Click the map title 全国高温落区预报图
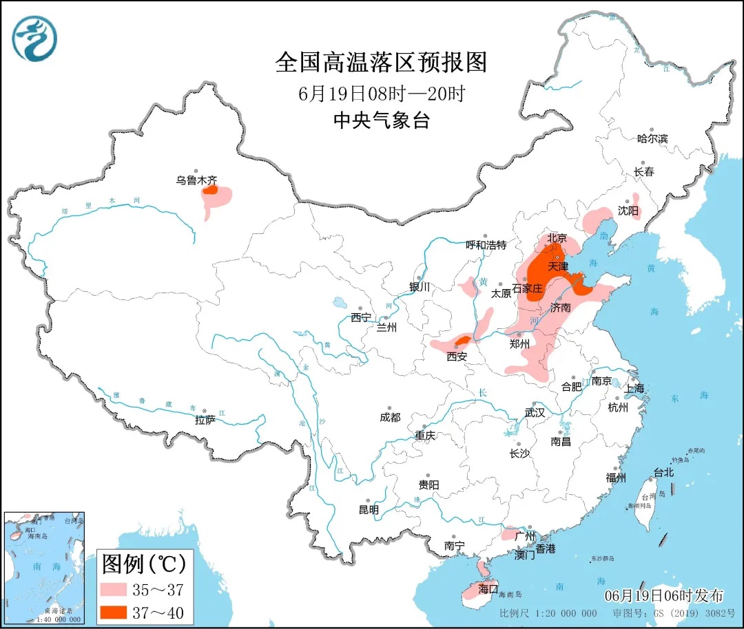tap(381, 63)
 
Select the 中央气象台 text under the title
tap(381, 121)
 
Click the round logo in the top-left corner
tap(34, 39)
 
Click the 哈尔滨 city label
tap(652, 138)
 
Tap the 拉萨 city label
tap(205, 419)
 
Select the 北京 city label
tap(557, 238)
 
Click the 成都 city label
tap(389, 417)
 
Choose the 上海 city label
tap(634, 389)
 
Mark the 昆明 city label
tap(369, 510)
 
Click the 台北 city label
tap(663, 473)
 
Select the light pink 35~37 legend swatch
tap(112, 589)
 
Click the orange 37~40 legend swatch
tap(112, 612)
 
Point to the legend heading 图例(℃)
tap(144, 564)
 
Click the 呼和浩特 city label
tap(486, 245)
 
